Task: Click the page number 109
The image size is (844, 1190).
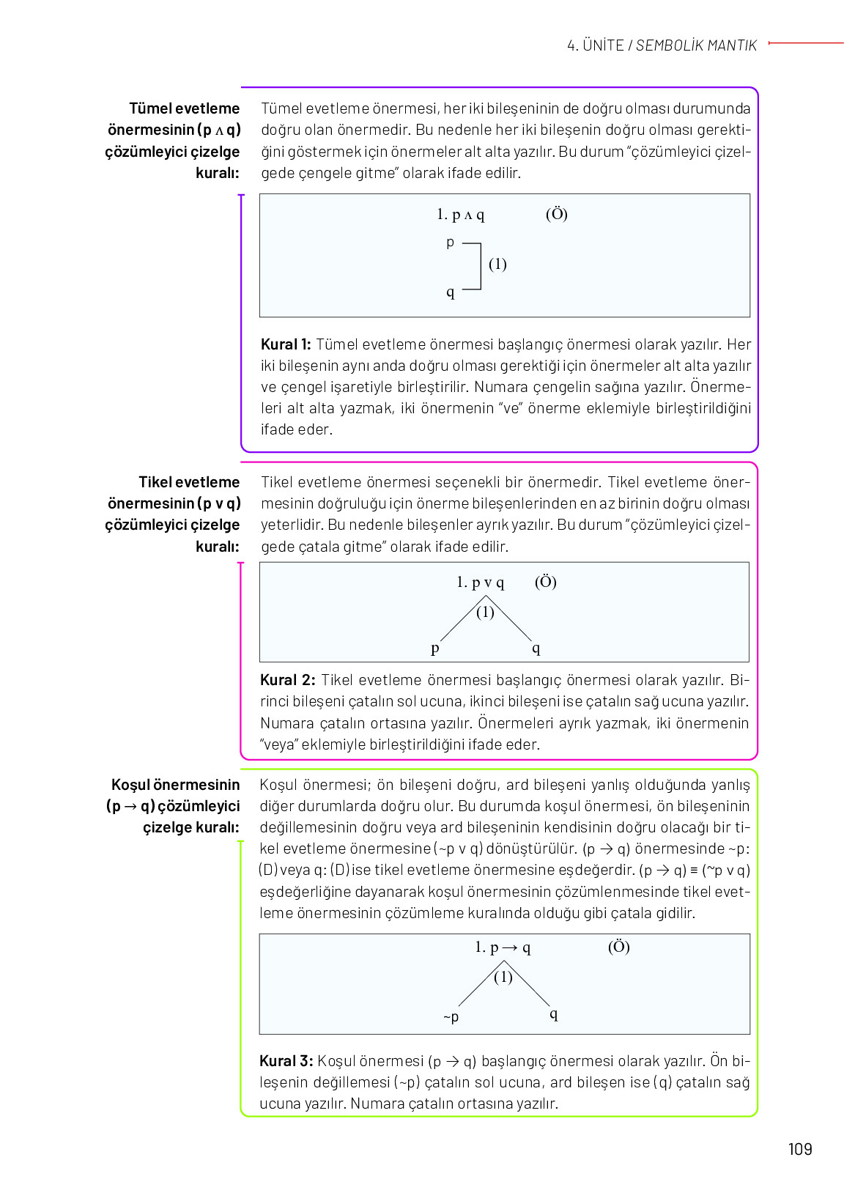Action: [x=800, y=1149]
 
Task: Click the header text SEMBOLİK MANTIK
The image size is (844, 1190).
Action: [x=696, y=45]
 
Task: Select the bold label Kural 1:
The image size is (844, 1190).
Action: [x=286, y=344]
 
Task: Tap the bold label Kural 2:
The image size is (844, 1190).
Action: [x=287, y=680]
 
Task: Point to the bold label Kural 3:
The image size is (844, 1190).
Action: [x=286, y=1061]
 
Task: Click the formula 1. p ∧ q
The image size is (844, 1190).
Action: [x=460, y=215]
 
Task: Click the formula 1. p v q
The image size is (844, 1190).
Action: [x=480, y=583]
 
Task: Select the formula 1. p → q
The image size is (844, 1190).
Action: [x=503, y=947]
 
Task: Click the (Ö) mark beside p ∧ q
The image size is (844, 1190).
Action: [x=557, y=214]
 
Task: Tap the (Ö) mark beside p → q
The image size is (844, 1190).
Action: [x=619, y=947]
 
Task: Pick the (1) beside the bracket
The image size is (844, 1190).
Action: [x=497, y=264]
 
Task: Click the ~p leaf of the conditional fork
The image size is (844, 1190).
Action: [x=451, y=1016]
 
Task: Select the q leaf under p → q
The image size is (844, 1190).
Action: [x=554, y=1014]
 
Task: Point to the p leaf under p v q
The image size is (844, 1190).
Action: [x=435, y=648]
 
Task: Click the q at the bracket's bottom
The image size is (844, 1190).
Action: [x=450, y=292]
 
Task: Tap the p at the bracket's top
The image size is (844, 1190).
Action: [x=450, y=243]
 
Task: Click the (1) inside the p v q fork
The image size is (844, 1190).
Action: [x=485, y=613]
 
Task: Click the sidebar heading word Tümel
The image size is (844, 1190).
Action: [x=149, y=108]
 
